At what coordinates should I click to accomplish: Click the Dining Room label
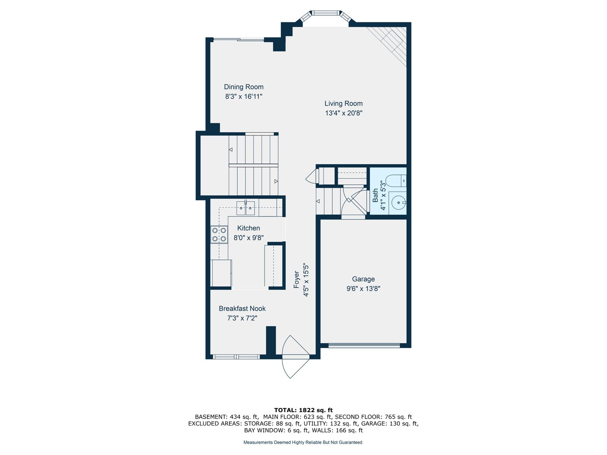[243, 87]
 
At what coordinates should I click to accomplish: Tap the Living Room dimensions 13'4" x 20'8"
[343, 113]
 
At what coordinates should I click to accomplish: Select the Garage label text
[363, 279]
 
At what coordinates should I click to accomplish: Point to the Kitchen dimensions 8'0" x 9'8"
[248, 238]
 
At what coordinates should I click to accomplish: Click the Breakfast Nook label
[242, 308]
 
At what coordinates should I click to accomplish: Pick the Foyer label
[296, 279]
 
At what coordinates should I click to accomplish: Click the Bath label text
[375, 195]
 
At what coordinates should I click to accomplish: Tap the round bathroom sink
[398, 202]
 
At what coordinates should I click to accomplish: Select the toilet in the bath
[396, 181]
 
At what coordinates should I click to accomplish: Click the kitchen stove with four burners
[219, 234]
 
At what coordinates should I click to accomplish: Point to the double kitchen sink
[245, 208]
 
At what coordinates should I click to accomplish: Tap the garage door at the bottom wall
[364, 345]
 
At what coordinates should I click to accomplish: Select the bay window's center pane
[325, 13]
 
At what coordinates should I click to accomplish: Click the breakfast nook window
[236, 357]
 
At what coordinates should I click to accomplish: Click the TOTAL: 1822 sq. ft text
[303, 410]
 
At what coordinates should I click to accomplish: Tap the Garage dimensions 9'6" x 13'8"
[363, 289]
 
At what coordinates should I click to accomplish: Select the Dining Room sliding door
[239, 40]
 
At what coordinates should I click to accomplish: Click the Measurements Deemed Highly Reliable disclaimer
[303, 442]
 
